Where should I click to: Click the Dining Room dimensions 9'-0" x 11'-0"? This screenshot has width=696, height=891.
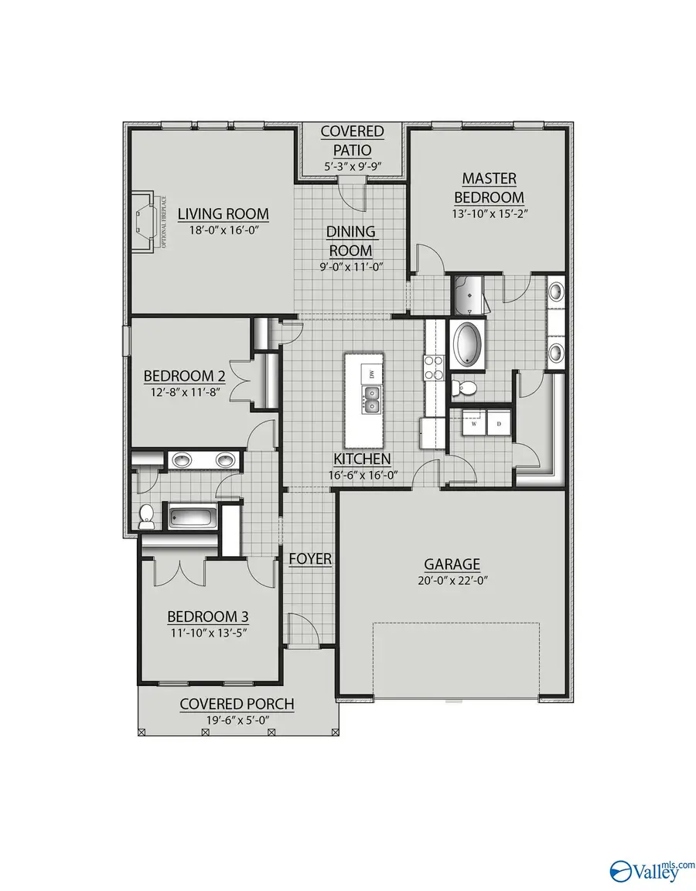point(350,267)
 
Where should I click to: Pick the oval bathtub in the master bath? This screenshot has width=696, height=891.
point(467,344)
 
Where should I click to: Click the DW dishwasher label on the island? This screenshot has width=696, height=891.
point(372,375)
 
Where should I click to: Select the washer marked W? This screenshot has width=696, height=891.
point(473,424)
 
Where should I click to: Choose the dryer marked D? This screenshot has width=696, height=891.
point(499,424)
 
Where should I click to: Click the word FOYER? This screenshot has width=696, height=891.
point(310,558)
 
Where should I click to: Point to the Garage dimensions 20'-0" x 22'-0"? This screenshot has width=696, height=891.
point(452,580)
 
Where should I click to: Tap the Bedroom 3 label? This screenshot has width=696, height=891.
point(208,616)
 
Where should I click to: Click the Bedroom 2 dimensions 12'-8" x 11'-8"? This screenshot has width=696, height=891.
point(185,391)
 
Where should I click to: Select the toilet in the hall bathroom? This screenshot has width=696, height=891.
point(146,517)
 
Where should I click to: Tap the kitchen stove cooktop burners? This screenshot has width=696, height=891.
point(432,367)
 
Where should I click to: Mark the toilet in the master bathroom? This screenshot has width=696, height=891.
point(462,387)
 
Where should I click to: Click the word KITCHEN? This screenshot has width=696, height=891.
point(363,459)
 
